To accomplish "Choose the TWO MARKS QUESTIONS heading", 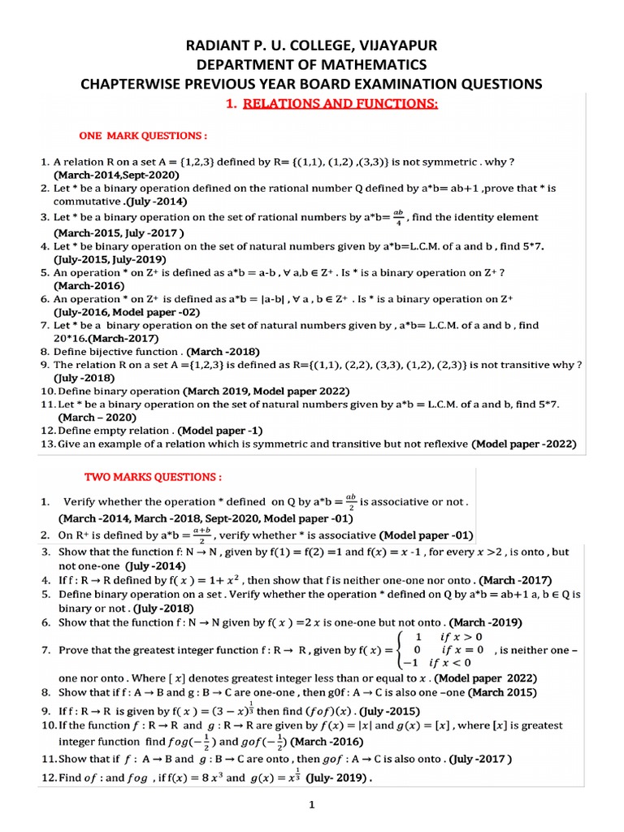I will click(153, 476).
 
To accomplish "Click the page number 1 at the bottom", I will click(312, 805).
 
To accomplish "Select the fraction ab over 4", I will click(397, 217).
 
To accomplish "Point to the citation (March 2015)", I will click(504, 693).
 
